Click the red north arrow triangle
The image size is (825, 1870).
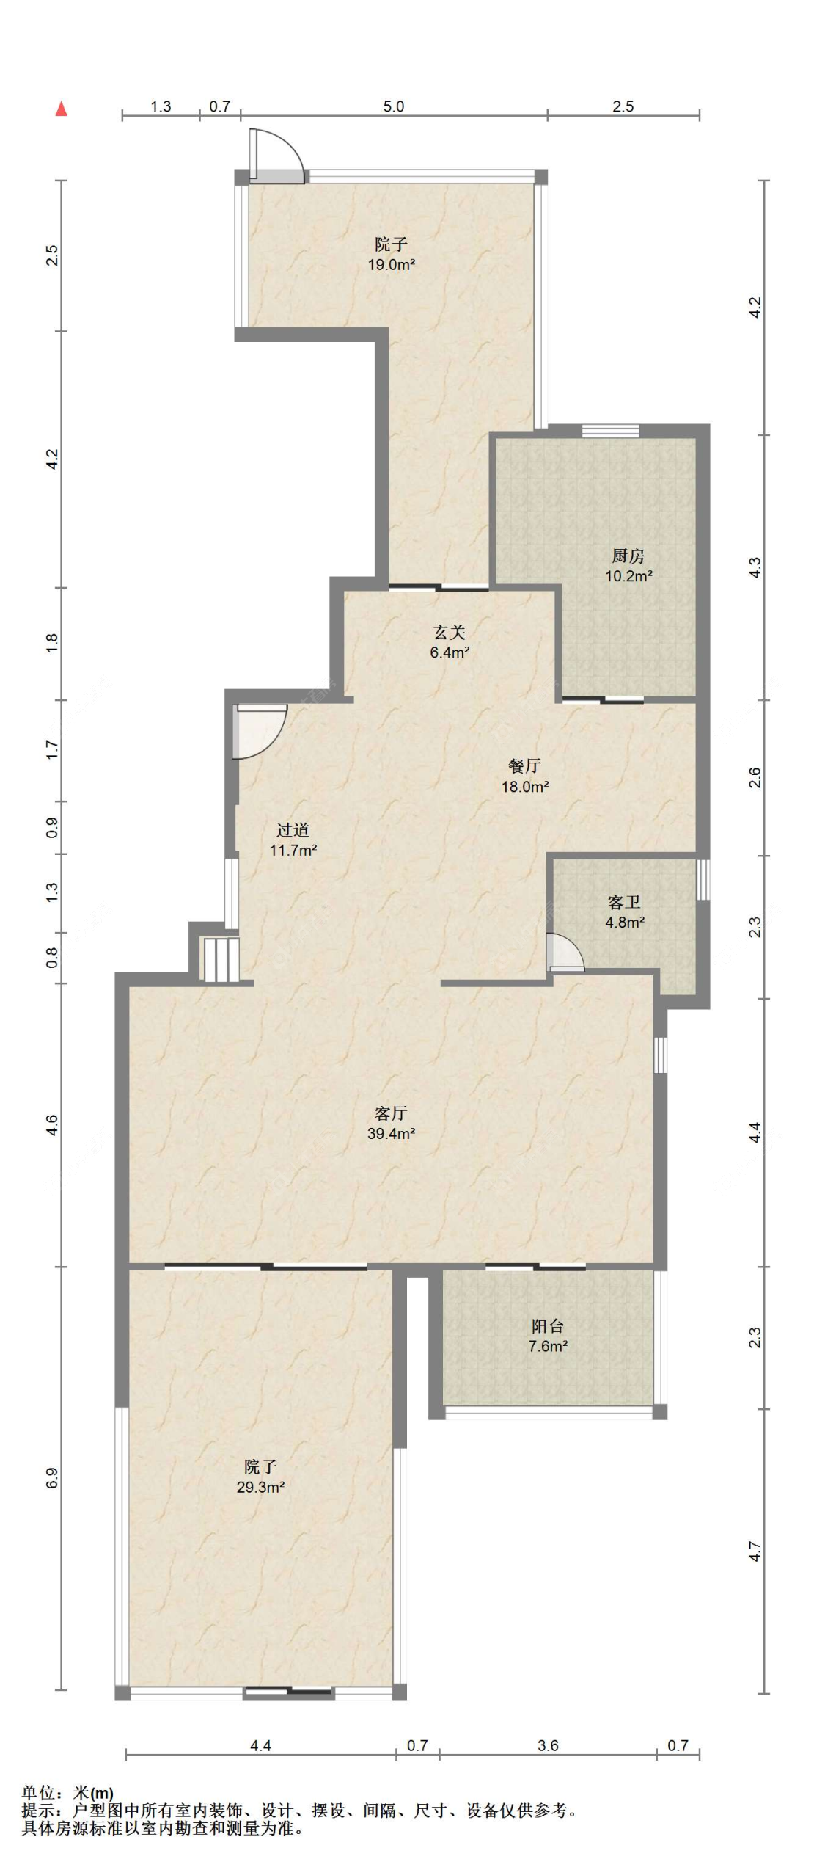[62, 109]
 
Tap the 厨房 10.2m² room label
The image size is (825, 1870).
[628, 566]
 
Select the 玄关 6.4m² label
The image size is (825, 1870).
[450, 641]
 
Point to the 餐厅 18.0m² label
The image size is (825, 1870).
[525, 776]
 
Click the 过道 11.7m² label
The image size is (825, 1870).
[293, 840]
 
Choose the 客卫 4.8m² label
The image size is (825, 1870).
[625, 912]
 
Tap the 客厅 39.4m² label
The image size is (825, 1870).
[392, 1123]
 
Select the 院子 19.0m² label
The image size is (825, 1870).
[392, 254]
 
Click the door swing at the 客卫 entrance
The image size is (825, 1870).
[565, 952]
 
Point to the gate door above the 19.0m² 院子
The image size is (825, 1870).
[276, 156]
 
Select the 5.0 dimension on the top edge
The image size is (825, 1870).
[394, 106]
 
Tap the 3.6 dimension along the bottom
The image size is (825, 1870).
[548, 1745]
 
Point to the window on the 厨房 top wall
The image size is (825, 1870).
[611, 431]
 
